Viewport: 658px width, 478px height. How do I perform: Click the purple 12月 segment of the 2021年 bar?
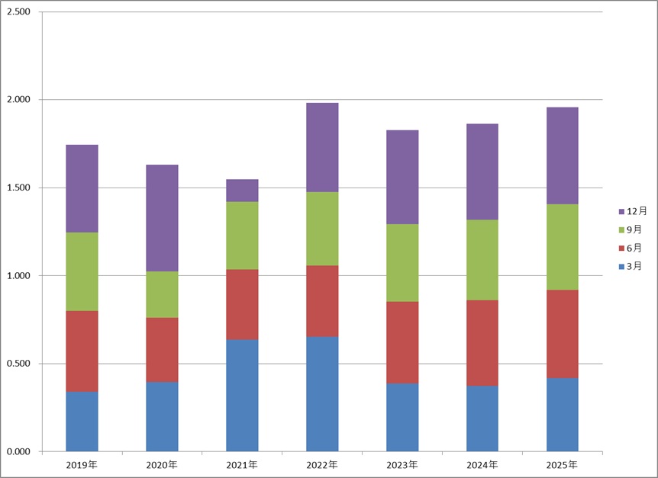pos(242,191)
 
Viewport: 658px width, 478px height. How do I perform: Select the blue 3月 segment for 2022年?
pos(322,393)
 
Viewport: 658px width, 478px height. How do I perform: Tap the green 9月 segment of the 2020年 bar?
pos(162,294)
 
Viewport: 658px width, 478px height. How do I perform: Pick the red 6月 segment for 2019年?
pos(82,351)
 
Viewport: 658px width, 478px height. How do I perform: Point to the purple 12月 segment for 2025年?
pos(563,156)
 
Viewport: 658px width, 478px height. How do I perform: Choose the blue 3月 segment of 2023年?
pos(402,417)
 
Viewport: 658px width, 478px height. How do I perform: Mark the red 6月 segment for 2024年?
pos(482,343)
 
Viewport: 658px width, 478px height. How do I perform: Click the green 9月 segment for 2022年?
pos(322,229)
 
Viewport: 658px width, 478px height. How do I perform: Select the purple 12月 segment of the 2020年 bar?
pos(162,218)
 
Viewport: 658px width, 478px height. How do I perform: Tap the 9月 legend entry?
pos(632,229)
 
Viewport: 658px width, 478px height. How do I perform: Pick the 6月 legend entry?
pos(632,248)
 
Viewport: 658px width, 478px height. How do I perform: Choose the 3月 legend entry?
pos(632,266)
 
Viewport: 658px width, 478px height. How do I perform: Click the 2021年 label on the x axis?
pos(242,464)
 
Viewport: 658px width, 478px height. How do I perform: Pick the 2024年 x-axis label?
pos(482,464)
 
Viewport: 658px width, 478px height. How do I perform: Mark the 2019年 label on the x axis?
pos(82,464)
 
